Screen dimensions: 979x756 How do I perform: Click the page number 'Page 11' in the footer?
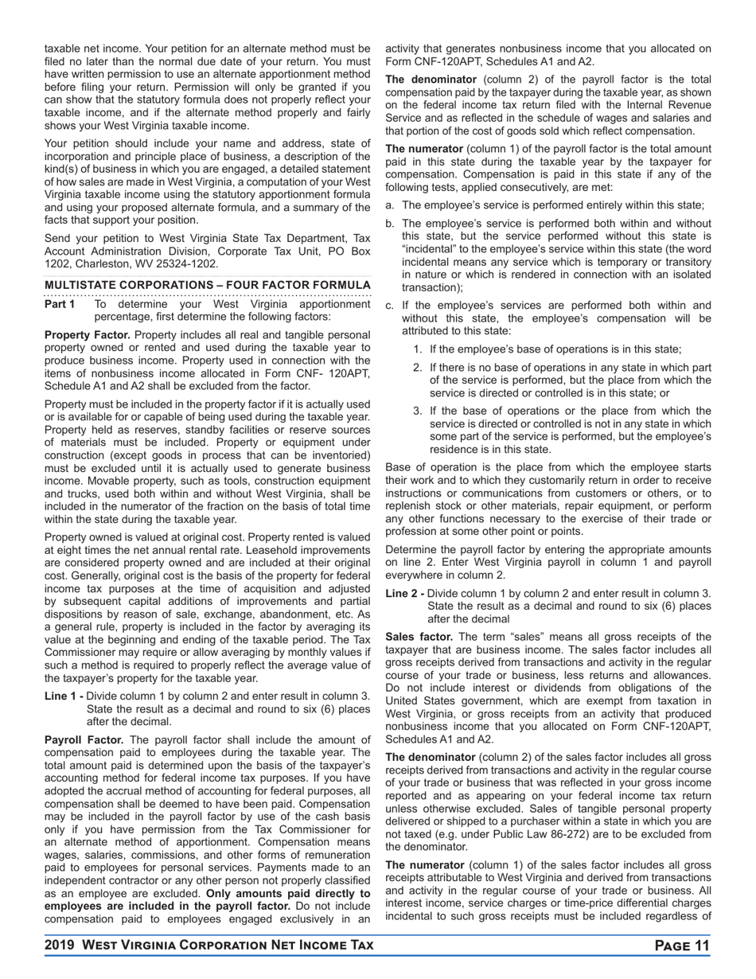[x=681, y=946]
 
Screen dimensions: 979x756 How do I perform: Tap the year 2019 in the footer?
[x=60, y=946]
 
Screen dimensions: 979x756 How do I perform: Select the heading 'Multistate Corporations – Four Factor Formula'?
[x=207, y=285]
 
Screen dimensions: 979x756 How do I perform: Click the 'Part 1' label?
[x=60, y=304]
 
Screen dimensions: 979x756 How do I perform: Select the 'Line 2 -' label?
[x=404, y=593]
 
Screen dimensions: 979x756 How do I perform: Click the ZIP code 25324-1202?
[x=185, y=263]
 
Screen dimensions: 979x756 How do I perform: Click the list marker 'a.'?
[x=390, y=205]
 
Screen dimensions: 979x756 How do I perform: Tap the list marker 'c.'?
[x=390, y=305]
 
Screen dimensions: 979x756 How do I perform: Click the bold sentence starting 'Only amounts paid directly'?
[x=207, y=899]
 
